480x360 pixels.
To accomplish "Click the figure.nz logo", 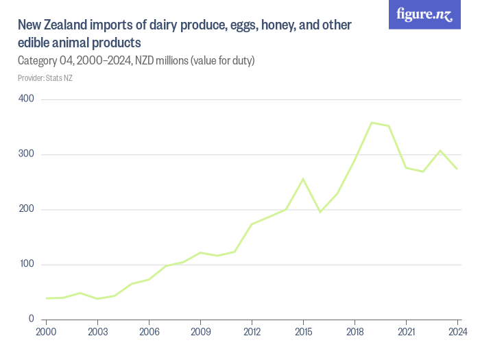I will (x=424, y=14).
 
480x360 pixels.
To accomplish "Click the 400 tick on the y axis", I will (x=27, y=99).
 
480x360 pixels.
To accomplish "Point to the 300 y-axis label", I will (x=27, y=154).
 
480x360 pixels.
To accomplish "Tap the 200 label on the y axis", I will (x=27, y=209).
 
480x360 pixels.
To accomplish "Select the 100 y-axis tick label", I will (x=27, y=264).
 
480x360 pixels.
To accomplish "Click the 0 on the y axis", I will (x=32, y=319).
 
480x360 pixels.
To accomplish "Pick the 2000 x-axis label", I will (x=46, y=332).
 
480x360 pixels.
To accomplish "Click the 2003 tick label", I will (x=97, y=332).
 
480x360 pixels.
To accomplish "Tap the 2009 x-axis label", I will (x=200, y=332).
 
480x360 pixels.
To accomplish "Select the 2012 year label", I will (x=252, y=332).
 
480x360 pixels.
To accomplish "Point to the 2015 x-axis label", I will (x=303, y=332).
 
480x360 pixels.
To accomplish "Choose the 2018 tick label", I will (x=355, y=332).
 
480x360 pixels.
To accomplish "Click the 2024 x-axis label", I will (x=457, y=332).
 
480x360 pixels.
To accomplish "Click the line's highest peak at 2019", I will (x=372, y=123).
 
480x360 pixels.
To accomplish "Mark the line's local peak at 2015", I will (x=303, y=179).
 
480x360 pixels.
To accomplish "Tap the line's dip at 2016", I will (x=320, y=212).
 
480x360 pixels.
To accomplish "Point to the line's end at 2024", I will (x=457, y=169).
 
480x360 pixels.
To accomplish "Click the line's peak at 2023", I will (x=440, y=150).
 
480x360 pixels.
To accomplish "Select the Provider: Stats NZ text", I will (x=45, y=77).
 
